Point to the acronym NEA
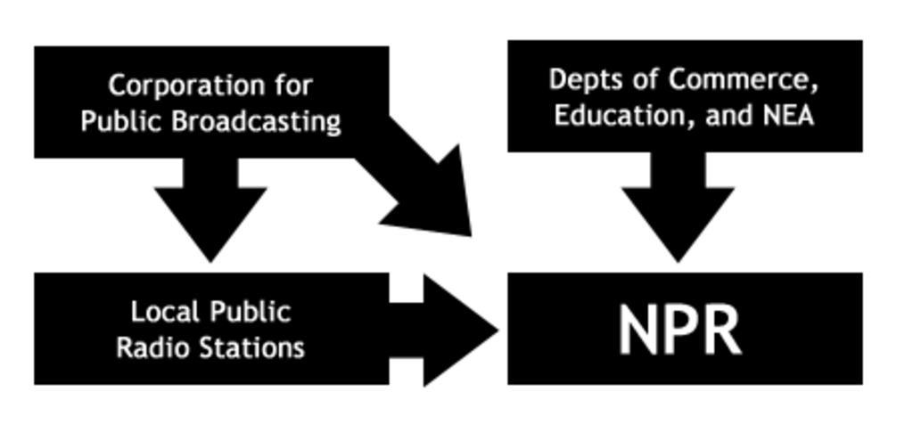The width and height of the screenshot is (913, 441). pyautogui.click(x=788, y=115)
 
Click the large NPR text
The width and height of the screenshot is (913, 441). pyautogui.click(x=679, y=330)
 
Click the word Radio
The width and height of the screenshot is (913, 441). pyautogui.click(x=150, y=347)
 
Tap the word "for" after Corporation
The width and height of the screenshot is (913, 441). pyautogui.click(x=295, y=86)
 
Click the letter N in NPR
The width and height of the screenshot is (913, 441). pyautogui.click(x=638, y=330)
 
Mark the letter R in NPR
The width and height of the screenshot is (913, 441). pyautogui.click(x=721, y=330)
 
